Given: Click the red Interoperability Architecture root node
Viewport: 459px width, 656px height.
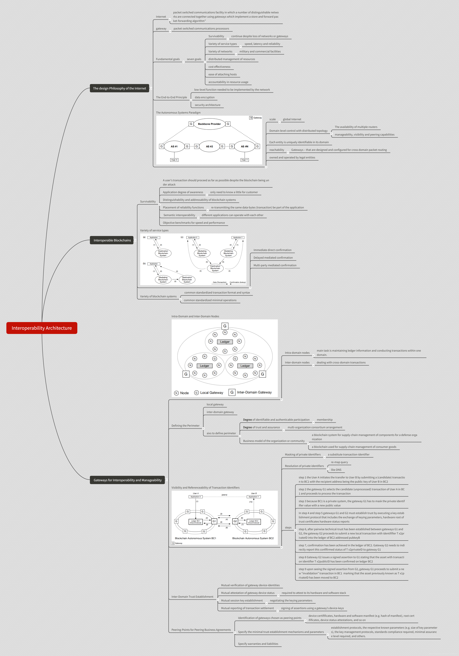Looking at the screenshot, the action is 42,328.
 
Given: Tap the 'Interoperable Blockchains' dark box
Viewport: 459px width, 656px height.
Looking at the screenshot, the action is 112,240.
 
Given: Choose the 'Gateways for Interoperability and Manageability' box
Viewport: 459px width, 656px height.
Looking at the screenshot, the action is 128,480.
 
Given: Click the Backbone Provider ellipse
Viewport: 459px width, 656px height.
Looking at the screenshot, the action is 209,124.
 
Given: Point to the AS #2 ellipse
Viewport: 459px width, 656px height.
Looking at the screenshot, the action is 209,146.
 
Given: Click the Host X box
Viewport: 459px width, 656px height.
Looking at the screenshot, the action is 174,160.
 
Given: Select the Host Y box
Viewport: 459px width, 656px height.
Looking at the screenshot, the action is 244,160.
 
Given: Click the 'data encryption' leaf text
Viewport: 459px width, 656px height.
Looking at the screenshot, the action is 204,97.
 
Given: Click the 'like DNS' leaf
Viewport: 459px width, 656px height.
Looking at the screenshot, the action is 336,470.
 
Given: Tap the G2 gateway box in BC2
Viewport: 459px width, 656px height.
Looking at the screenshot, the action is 235,521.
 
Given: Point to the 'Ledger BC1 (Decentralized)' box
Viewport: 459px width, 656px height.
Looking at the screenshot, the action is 196,522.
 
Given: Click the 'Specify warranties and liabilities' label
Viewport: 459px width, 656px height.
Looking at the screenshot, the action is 258,644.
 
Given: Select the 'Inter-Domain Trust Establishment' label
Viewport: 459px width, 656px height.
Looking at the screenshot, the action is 192,597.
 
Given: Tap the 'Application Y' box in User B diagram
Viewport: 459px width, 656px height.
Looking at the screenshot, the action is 254,497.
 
